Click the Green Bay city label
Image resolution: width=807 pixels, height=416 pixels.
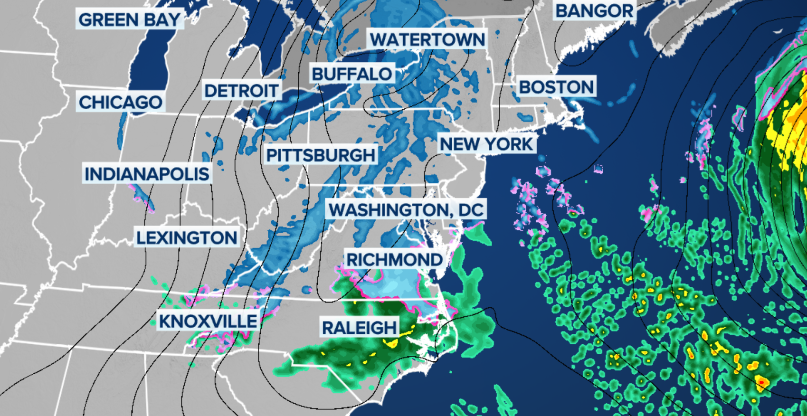[x=129, y=20]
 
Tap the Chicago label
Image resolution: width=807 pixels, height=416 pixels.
[x=121, y=102]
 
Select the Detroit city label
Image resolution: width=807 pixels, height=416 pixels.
[x=241, y=91]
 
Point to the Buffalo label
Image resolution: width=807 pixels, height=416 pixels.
[x=352, y=74]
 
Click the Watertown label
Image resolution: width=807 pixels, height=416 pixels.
[x=427, y=39]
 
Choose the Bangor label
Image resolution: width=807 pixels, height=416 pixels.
[x=594, y=11]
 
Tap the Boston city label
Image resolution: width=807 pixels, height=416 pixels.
[x=556, y=87]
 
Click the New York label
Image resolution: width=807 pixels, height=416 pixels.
[x=486, y=144]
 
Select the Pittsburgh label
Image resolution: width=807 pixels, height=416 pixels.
[x=321, y=155]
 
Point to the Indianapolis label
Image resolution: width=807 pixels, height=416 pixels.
[x=147, y=174]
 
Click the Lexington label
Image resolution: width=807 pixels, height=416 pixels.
[x=187, y=237]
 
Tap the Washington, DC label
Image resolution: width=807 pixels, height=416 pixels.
[x=406, y=210]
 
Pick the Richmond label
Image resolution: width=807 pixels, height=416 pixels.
[x=394, y=260]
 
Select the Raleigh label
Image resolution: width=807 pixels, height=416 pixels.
[x=359, y=328]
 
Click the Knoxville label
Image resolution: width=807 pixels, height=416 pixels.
[x=208, y=321]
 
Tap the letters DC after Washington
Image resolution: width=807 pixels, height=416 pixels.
[x=471, y=210]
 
